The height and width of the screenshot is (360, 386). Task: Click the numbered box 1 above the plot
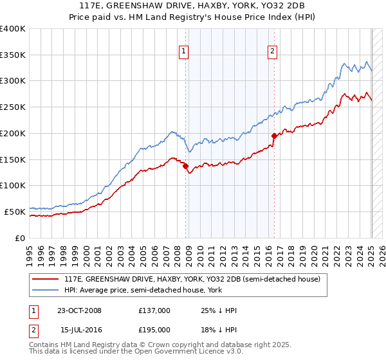coord(184,52)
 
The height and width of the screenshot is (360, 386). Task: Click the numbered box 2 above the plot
coord(273,52)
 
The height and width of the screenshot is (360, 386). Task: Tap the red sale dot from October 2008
coord(186,166)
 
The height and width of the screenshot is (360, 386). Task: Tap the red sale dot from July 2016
coord(274,136)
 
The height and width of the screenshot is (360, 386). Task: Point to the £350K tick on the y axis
coord(13,55)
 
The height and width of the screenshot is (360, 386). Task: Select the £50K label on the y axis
coord(15,212)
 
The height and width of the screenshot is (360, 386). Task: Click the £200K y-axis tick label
coord(13,133)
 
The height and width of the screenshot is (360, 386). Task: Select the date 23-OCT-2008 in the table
coord(79,310)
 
